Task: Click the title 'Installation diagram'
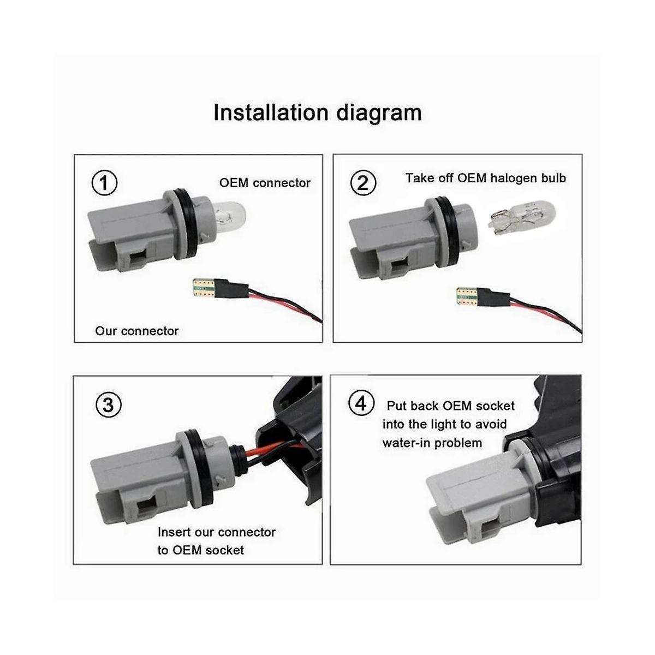point(317,112)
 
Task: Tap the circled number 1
point(105,183)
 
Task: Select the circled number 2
point(363,183)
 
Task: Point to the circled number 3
point(109,405)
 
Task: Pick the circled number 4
point(361,404)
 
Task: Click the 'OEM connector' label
point(265,183)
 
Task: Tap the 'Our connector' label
point(136,331)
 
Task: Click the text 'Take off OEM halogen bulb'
point(485,178)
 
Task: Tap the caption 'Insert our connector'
point(217,532)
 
